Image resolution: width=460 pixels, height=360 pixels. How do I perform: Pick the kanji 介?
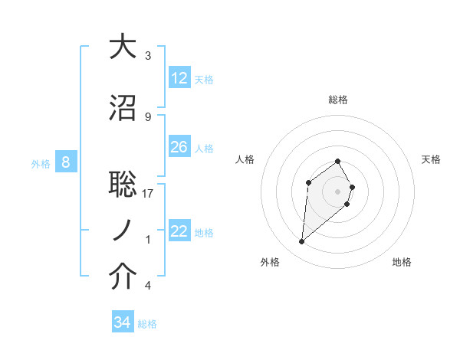(123, 277)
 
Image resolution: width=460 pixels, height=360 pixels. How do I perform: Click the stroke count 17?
(148, 194)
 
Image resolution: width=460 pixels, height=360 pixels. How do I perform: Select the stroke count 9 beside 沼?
(148, 117)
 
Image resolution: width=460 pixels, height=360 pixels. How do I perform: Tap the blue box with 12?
(179, 78)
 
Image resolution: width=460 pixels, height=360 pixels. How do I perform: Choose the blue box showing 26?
(179, 147)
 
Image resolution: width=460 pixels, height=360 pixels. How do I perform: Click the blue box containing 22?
(179, 231)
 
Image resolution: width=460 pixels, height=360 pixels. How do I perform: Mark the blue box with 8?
(66, 162)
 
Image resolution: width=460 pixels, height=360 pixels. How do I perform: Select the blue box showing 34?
(122, 322)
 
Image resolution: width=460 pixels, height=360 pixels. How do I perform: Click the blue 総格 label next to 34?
(148, 324)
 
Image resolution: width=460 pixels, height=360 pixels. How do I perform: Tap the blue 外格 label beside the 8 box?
(41, 163)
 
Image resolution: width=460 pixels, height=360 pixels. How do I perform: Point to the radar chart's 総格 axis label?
(338, 100)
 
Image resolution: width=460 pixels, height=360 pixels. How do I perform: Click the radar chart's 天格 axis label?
(431, 159)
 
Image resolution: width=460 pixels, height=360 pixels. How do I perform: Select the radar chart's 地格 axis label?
(402, 262)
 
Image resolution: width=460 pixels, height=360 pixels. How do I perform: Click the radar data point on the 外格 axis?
(302, 241)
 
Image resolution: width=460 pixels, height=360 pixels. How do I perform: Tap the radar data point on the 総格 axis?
(338, 161)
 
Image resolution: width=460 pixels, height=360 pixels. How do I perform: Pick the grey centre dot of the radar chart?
(338, 191)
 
